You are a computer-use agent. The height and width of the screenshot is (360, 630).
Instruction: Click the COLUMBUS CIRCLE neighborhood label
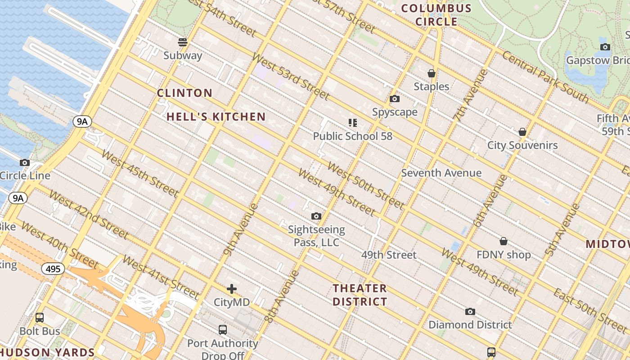(x=436, y=15)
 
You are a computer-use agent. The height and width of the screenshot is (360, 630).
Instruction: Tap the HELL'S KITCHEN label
(x=216, y=117)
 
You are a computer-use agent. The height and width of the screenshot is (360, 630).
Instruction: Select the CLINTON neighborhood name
(x=184, y=93)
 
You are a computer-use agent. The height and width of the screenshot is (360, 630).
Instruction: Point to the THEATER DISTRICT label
(x=360, y=295)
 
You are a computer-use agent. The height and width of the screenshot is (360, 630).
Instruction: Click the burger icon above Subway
(x=183, y=42)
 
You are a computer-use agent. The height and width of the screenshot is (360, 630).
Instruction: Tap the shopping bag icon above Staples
(x=431, y=73)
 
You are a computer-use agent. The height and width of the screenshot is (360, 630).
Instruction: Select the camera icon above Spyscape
(x=395, y=99)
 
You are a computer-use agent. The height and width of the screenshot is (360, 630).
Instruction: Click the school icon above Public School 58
(x=352, y=122)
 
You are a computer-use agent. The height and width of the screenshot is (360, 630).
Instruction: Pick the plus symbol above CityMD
(x=232, y=288)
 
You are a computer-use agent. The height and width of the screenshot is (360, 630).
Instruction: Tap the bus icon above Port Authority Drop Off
(x=223, y=329)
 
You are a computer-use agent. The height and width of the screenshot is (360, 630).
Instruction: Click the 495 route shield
(x=53, y=269)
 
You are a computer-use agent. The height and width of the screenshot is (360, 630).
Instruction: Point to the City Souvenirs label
(x=522, y=145)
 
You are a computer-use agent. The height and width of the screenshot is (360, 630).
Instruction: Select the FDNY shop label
(x=504, y=255)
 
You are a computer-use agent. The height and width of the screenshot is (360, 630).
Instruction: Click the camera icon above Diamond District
(x=470, y=311)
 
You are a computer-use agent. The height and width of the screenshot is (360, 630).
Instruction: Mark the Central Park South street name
(x=545, y=76)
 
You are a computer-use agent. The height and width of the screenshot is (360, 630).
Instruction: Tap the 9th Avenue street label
(x=240, y=229)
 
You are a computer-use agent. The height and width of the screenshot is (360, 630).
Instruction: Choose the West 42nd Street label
(x=89, y=214)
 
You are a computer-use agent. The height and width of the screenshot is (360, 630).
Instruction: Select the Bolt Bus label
(x=40, y=332)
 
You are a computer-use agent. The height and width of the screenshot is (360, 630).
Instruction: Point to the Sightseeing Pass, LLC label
(x=316, y=236)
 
